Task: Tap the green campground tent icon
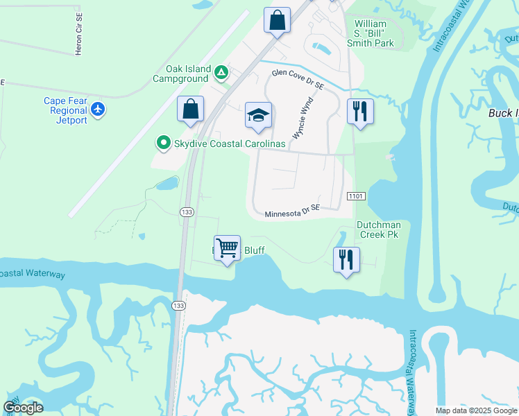tap(221, 71)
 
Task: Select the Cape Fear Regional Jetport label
tap(66, 110)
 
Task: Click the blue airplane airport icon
tap(99, 109)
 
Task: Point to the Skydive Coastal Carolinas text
tap(229, 144)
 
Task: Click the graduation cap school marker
tap(258, 116)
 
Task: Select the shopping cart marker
tap(228, 248)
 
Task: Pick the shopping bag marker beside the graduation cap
tap(190, 110)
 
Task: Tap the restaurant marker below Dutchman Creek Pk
tap(346, 260)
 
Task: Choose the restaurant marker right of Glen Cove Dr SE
tap(360, 112)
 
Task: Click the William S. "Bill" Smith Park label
tap(370, 33)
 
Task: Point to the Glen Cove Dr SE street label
tap(298, 78)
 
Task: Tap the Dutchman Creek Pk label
tap(377, 229)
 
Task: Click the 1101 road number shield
tap(357, 198)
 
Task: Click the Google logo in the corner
tap(24, 408)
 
